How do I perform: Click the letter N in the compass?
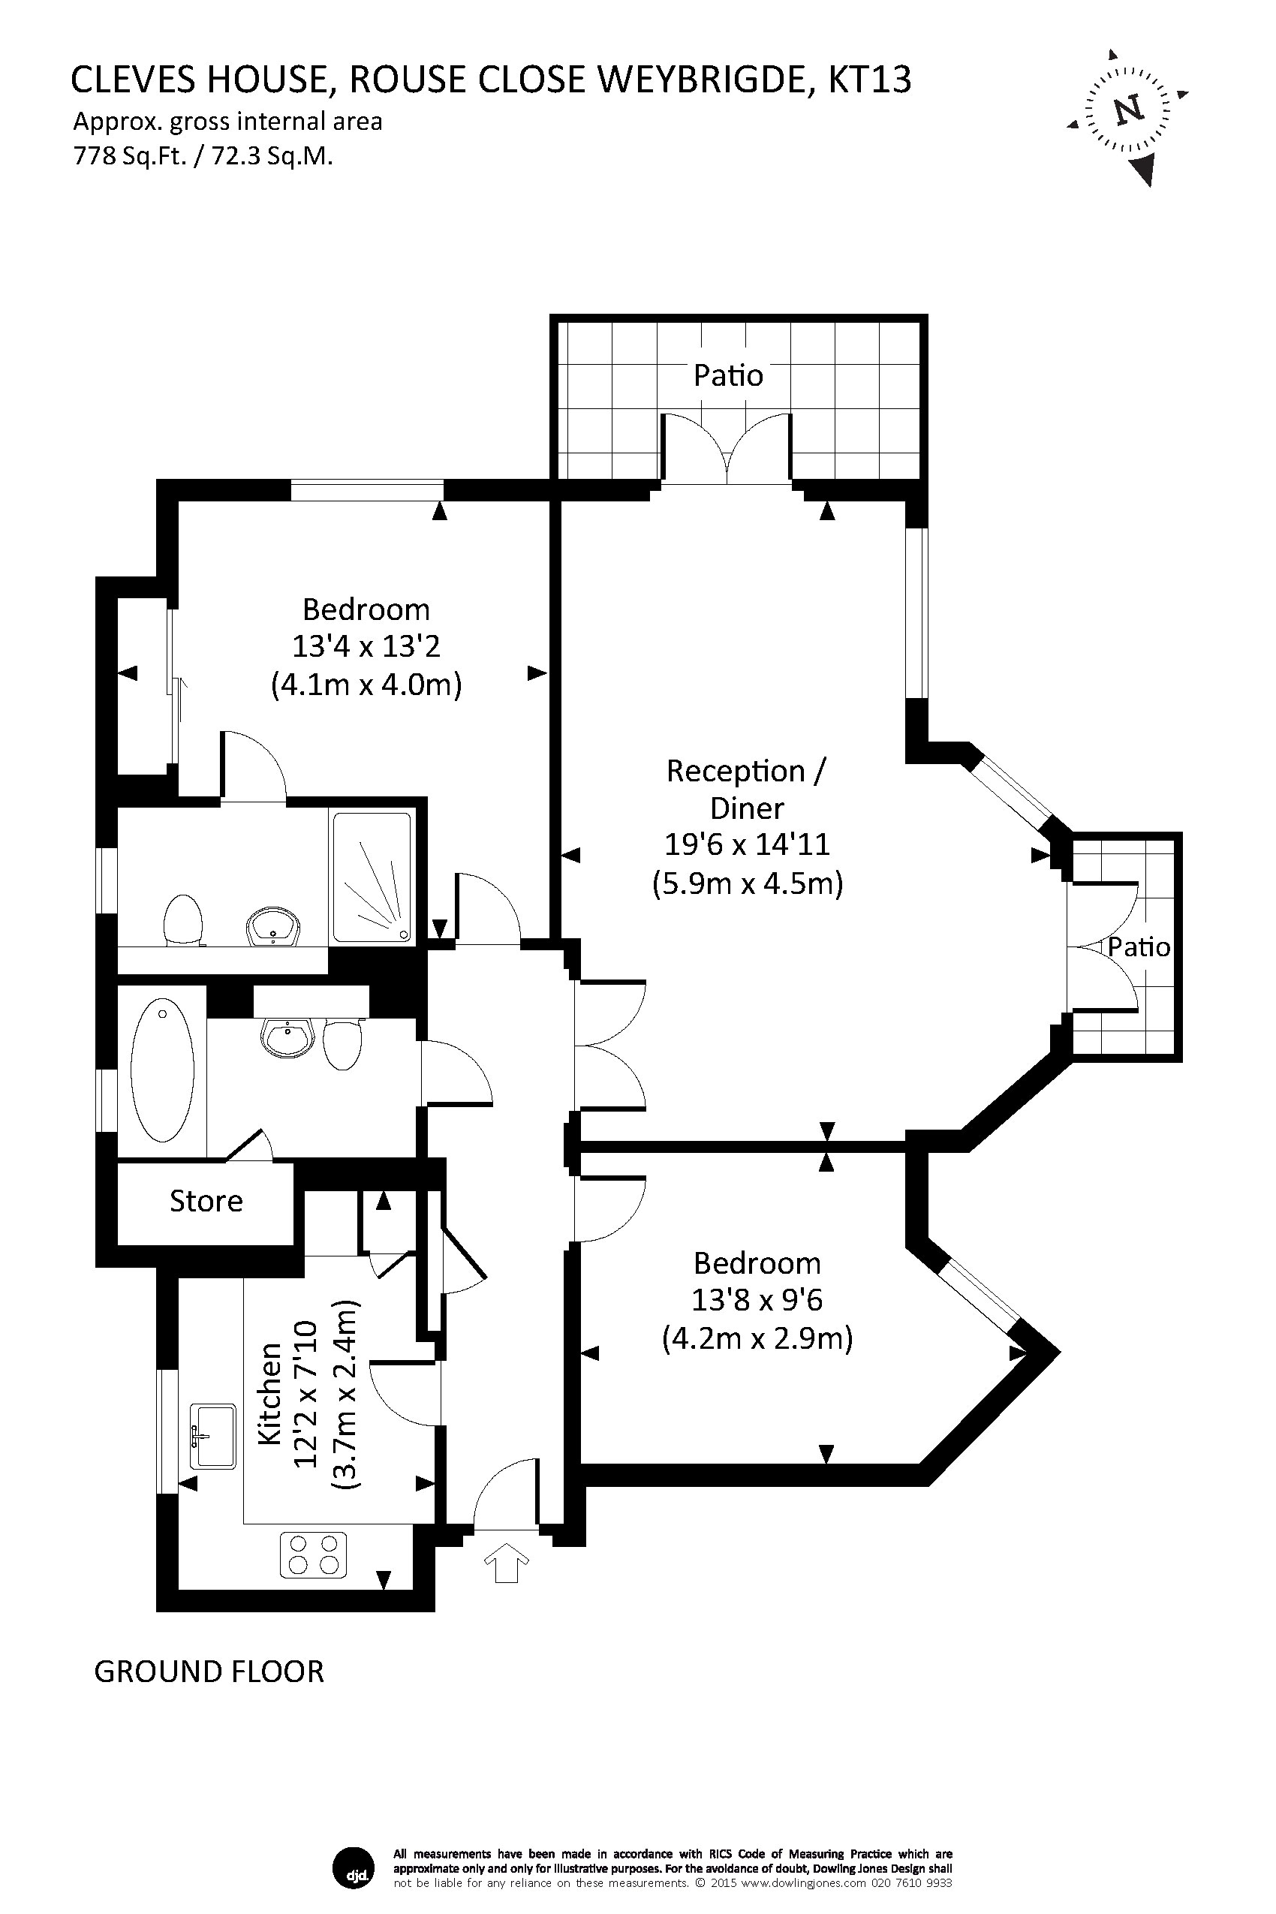(1128, 110)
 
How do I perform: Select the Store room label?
(206, 1201)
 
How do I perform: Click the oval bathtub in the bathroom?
(163, 1070)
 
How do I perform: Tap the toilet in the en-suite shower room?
(183, 920)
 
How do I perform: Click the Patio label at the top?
(728, 375)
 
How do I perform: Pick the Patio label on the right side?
(1139, 946)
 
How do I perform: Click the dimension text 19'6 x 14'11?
(747, 844)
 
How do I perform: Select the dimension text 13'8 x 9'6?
(757, 1301)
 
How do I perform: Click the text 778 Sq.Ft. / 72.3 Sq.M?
(203, 155)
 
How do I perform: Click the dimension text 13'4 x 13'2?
(366, 646)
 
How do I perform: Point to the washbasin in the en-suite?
(272, 927)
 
